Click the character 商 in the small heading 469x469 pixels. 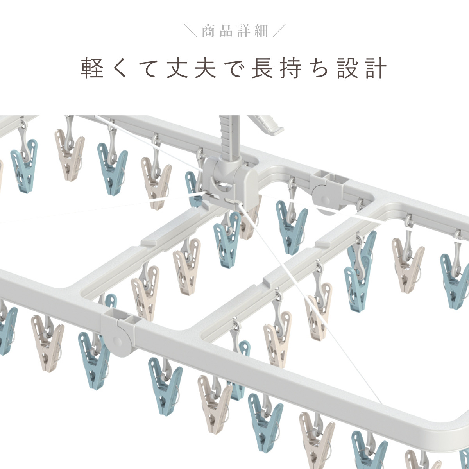tap(208, 31)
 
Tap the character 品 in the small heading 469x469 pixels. tap(226, 31)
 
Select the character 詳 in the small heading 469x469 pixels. tap(243, 31)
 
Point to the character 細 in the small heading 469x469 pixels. tap(261, 31)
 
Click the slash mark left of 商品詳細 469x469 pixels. tap(190, 31)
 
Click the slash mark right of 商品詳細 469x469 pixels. tap(279, 31)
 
